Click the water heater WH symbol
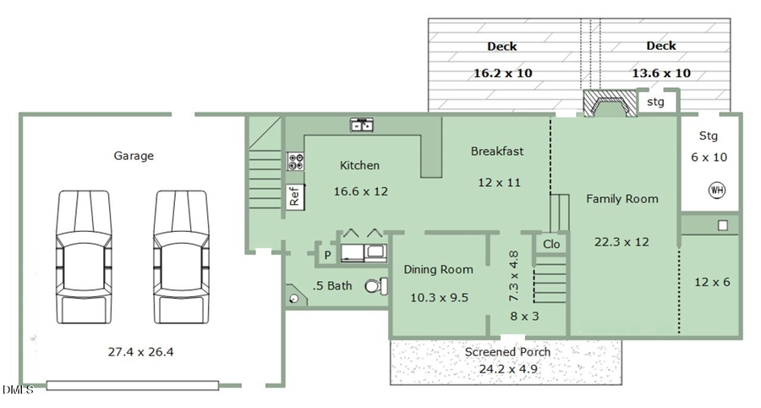pyautogui.click(x=717, y=190)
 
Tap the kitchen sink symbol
pyautogui.click(x=362, y=124)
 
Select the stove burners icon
pyautogui.click(x=296, y=162)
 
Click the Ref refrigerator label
pyautogui.click(x=294, y=196)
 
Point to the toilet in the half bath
pyautogui.click(x=376, y=286)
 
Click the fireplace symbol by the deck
pyautogui.click(x=610, y=103)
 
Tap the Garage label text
pyautogui.click(x=134, y=156)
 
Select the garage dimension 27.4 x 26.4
pyautogui.click(x=140, y=351)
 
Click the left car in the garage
pyautogui.click(x=84, y=257)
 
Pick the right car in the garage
pyautogui.click(x=181, y=257)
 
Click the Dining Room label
pyautogui.click(x=438, y=269)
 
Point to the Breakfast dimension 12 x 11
pyautogui.click(x=500, y=183)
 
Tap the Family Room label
pyautogui.click(x=622, y=199)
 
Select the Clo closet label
pyautogui.click(x=551, y=244)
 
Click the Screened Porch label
pyautogui.click(x=507, y=351)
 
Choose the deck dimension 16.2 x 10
pyautogui.click(x=503, y=74)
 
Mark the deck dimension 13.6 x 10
pyautogui.click(x=661, y=74)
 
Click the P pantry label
pyautogui.click(x=327, y=255)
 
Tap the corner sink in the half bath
pyautogui.click(x=296, y=297)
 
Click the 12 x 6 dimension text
pyautogui.click(x=712, y=282)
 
